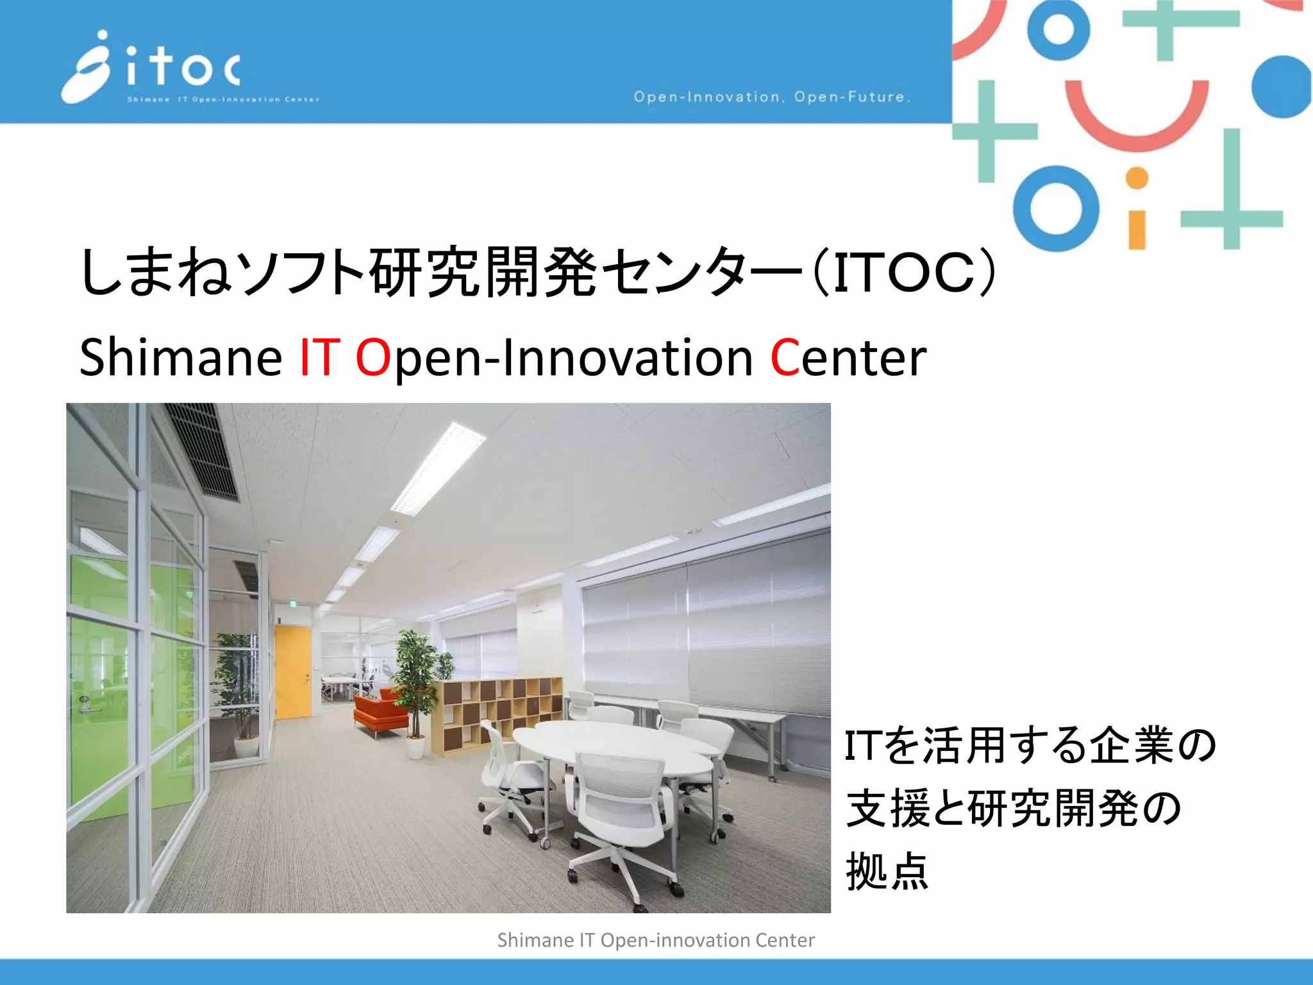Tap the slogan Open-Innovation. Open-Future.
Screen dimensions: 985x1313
772,97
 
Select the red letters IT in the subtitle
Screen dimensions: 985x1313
319,357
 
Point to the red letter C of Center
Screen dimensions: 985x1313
783,357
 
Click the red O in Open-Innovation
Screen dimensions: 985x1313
372,357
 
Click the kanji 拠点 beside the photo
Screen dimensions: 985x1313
887,871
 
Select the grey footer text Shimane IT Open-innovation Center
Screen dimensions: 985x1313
656,940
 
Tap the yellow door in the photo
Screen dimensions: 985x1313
292,671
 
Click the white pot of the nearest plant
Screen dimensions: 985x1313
415,747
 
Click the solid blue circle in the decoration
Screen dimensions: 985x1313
1282,87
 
